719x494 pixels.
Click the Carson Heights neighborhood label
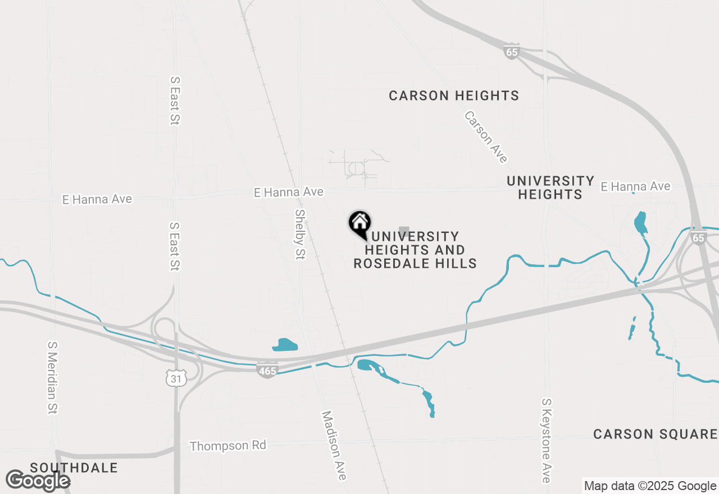454,96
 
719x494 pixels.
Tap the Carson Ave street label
486,137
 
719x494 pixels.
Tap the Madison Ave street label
334,446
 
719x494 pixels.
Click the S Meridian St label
53,378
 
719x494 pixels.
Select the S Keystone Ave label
546,441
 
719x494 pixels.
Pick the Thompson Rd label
227,446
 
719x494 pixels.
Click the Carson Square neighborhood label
655,434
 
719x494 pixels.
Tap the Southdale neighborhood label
74,468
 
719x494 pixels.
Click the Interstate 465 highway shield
267,371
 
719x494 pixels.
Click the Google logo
38,481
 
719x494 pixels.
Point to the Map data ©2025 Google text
650,486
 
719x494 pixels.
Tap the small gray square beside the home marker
403,231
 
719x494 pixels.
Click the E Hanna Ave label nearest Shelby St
289,192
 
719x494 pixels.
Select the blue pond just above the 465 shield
285,345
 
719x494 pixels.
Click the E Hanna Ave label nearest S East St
98,199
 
